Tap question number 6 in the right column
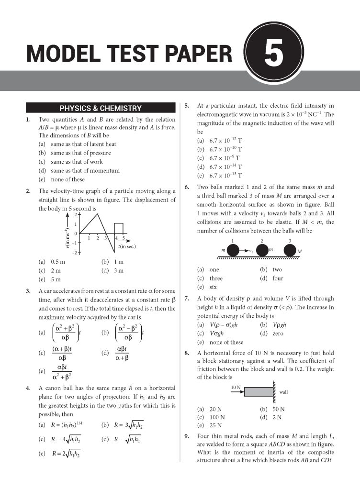coord(187,187)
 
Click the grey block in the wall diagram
coord(258,390)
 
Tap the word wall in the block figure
coord(283,392)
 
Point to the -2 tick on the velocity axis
coord(75,252)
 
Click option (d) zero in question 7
coord(271,334)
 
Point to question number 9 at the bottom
coord(187,436)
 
